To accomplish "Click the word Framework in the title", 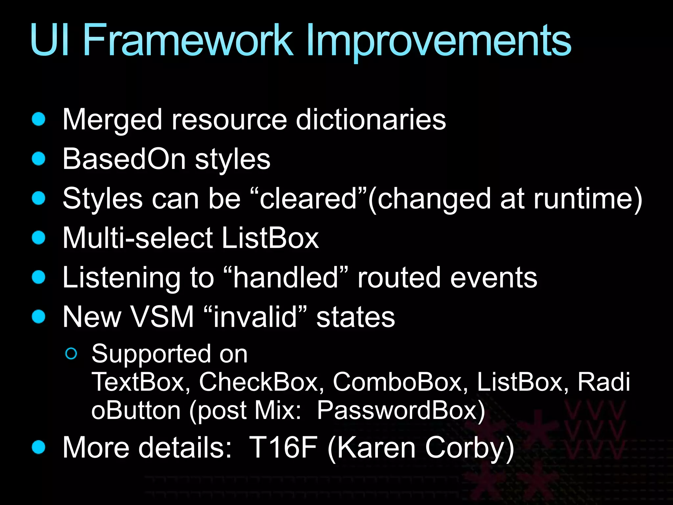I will [x=188, y=41].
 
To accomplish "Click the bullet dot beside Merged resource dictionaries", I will [x=39, y=119].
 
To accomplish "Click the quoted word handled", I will [x=286, y=277].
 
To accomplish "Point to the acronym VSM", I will [x=162, y=317].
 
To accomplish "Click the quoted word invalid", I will [x=255, y=317].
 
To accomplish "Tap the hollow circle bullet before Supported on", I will [x=71, y=354].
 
